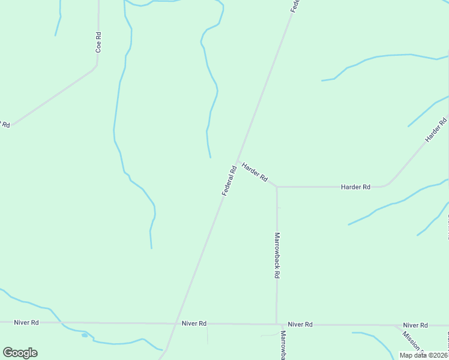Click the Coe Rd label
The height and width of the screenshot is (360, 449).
point(98,43)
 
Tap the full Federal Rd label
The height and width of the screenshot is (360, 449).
point(229,180)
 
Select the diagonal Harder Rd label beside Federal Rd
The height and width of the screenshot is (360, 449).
point(255,172)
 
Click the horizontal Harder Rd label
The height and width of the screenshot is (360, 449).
point(355,187)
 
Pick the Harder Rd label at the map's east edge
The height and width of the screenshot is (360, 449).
point(436,130)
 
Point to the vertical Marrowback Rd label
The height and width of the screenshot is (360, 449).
point(277,255)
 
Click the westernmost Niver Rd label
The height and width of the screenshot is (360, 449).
point(26,322)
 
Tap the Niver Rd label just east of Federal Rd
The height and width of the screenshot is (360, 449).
point(194,323)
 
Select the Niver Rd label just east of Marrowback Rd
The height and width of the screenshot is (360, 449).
point(300,324)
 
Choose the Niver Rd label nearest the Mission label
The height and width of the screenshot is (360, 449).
point(415,325)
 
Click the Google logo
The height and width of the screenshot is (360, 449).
point(20,353)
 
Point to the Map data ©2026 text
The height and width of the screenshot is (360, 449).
point(424,355)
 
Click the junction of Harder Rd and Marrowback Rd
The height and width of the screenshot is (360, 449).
point(276,187)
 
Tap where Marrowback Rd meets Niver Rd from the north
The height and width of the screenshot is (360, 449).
point(276,324)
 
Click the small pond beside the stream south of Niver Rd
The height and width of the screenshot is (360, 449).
point(85,335)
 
